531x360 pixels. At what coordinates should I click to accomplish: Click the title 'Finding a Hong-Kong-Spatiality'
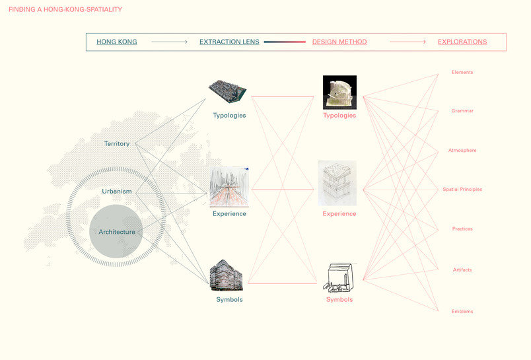pyautogui.click(x=65, y=9)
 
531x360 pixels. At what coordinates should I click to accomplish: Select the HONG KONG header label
pyautogui.click(x=117, y=42)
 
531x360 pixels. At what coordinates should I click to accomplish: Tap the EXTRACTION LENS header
pyautogui.click(x=229, y=42)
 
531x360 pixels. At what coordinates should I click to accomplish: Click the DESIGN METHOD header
pyautogui.click(x=339, y=42)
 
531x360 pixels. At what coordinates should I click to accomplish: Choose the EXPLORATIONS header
pyautogui.click(x=462, y=42)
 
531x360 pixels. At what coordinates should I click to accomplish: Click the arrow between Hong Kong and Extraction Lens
pyautogui.click(x=169, y=42)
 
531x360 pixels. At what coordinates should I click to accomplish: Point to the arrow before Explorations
pyautogui.click(x=407, y=42)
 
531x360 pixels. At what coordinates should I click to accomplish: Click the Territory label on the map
pyautogui.click(x=117, y=143)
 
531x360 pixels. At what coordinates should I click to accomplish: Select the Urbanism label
pyautogui.click(x=117, y=192)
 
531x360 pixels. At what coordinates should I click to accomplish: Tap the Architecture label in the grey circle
pyautogui.click(x=117, y=232)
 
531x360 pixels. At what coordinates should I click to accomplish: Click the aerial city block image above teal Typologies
pyautogui.click(x=227, y=91)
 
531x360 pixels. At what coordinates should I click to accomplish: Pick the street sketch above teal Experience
pyautogui.click(x=229, y=186)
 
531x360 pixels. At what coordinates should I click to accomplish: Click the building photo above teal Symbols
pyautogui.click(x=227, y=275)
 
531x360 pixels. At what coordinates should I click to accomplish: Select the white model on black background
pyautogui.click(x=339, y=92)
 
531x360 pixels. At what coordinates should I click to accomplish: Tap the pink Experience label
pyautogui.click(x=339, y=214)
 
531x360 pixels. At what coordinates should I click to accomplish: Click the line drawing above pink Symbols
pyautogui.click(x=339, y=277)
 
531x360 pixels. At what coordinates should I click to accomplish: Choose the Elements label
pyautogui.click(x=462, y=72)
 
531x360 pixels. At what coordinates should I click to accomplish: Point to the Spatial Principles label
pyautogui.click(x=462, y=190)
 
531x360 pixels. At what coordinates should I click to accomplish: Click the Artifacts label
pyautogui.click(x=462, y=270)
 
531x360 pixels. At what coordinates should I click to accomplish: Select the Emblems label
pyautogui.click(x=462, y=312)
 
